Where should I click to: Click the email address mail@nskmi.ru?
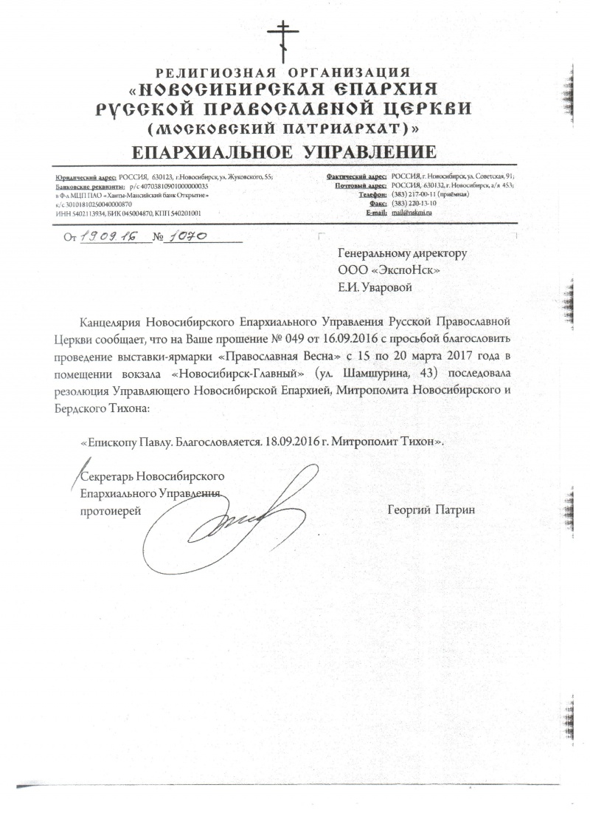(413, 213)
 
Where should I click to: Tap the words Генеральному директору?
(402, 253)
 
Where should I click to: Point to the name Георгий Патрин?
(431, 510)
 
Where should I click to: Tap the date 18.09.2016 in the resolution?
(295, 441)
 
